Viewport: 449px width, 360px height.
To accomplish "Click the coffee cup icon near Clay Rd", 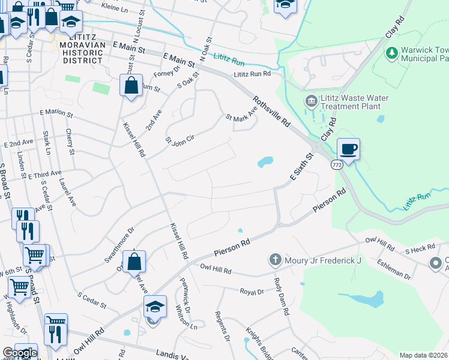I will (x=348, y=149).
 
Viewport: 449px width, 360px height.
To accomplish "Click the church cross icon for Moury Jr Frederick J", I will (x=276, y=260).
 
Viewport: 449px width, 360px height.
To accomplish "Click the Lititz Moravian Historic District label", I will (x=82, y=52).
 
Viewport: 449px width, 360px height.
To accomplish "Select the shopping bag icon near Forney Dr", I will (x=131, y=85).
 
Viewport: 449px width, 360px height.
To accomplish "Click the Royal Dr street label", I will (x=252, y=292).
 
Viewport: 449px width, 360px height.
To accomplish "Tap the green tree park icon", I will (x=392, y=53).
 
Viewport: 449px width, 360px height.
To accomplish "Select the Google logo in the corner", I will (x=19, y=353).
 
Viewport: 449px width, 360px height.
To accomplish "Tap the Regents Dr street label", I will (x=222, y=326).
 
